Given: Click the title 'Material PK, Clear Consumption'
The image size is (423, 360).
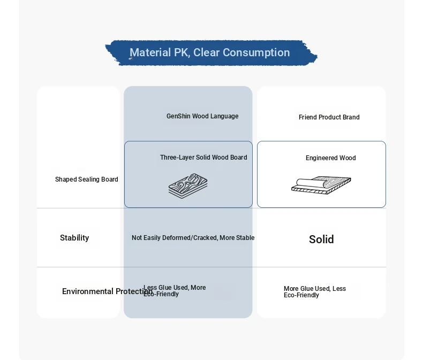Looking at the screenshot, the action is [209, 52].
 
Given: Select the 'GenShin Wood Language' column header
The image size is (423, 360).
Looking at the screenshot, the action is [202, 116].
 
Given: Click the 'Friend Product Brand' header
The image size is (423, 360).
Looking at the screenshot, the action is [329, 117].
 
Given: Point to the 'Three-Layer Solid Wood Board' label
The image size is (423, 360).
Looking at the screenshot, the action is [203, 157].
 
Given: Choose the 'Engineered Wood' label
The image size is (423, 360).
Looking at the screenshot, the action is [331, 158].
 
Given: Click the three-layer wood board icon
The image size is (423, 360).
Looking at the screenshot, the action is [188, 186].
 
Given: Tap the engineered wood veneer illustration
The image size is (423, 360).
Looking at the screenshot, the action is [321, 185].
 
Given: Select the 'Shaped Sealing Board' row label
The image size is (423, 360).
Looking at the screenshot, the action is [87, 179].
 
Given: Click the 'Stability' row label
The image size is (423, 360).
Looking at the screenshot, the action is [74, 238].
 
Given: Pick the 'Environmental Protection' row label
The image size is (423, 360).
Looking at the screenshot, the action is [107, 291].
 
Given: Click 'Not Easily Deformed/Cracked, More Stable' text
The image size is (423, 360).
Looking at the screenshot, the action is [193, 238].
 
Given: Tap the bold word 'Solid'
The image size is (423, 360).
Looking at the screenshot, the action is [321, 239].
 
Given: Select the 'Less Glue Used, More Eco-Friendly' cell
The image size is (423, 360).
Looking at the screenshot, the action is [175, 291].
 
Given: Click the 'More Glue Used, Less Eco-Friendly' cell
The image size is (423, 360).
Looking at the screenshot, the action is [315, 292].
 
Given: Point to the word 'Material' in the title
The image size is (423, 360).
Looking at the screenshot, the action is [150, 52].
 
